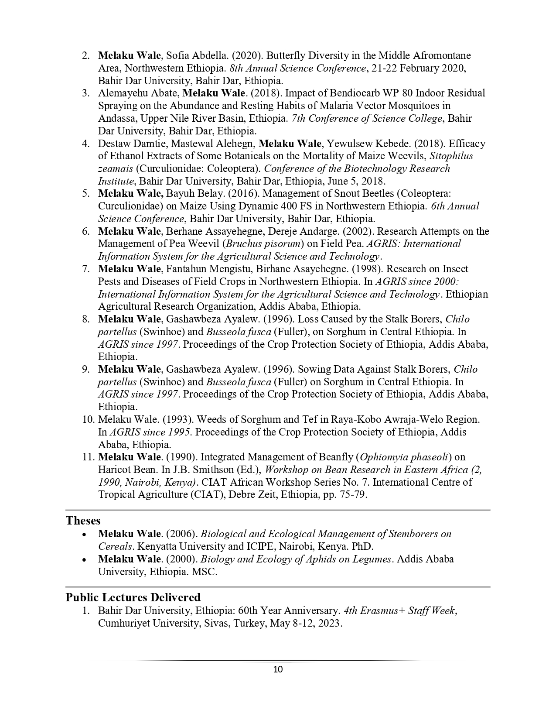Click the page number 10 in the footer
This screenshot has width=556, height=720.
tap(278, 669)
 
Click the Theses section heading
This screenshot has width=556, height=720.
tap(83, 521)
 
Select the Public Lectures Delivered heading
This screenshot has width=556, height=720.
tap(133, 597)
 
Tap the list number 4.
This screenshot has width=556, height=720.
tap(86, 144)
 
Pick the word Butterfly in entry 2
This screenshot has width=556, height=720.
tap(284, 56)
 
